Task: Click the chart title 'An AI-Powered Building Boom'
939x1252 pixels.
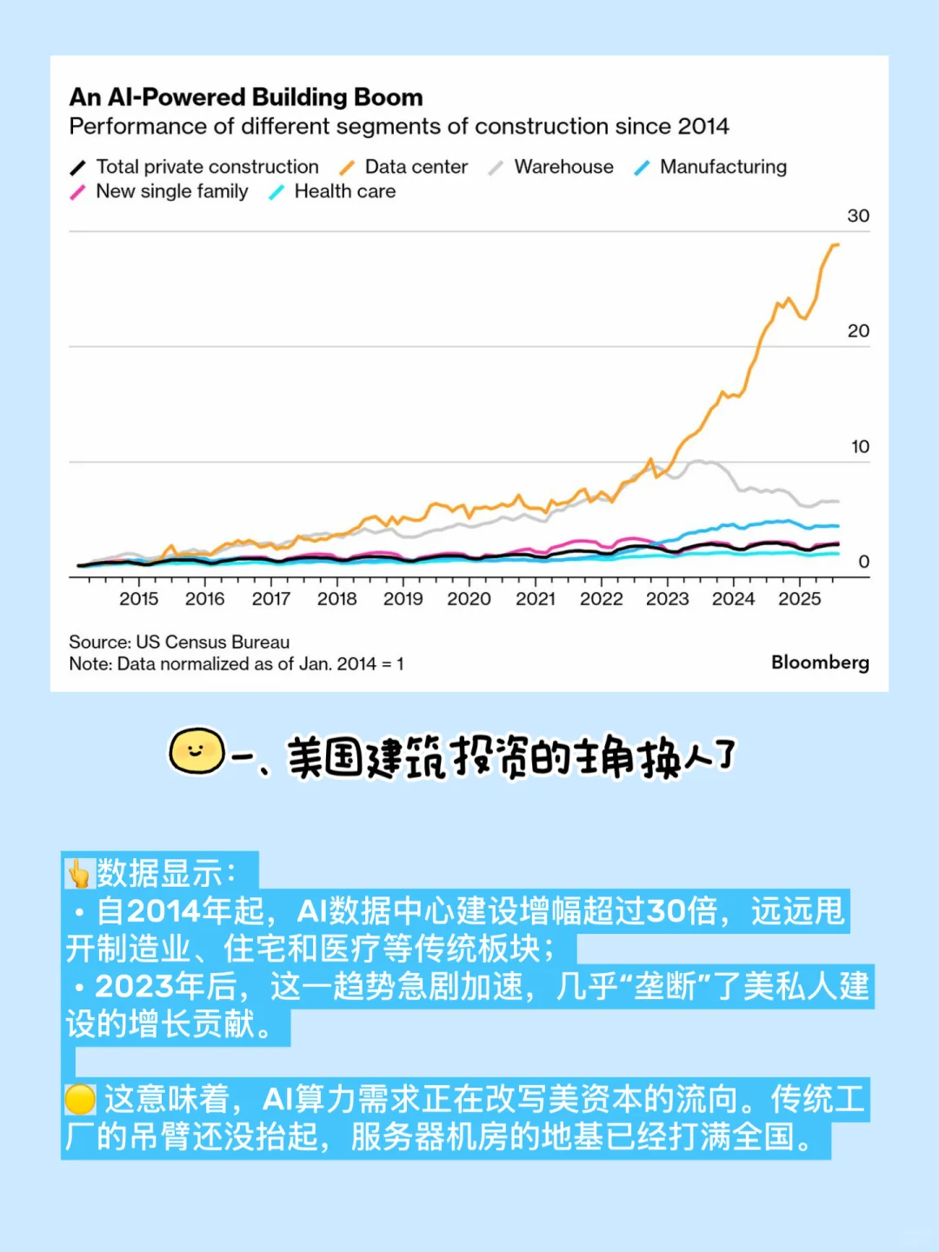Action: coord(246,97)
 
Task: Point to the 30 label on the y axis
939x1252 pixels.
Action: coord(858,216)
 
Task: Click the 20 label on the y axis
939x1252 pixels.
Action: coord(858,331)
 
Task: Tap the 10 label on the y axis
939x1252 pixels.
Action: coord(860,447)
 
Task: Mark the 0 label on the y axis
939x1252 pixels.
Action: coord(863,562)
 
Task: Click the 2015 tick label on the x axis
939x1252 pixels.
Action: coord(139,599)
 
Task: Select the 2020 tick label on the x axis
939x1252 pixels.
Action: coord(469,599)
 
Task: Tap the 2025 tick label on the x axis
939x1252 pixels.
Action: coord(799,599)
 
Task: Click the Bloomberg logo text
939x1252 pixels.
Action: coord(820,663)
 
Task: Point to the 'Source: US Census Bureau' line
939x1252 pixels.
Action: coord(179,643)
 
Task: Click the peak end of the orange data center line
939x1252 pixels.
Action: coord(836,245)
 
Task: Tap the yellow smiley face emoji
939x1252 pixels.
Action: coord(196,751)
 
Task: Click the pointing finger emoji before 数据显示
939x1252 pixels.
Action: coord(79,873)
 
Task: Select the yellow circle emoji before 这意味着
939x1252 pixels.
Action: coord(80,1100)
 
